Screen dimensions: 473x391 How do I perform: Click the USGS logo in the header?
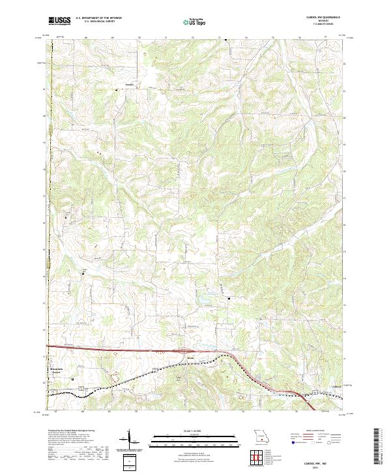[x=59, y=21]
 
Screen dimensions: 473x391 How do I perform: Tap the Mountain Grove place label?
[x=60, y=371]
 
